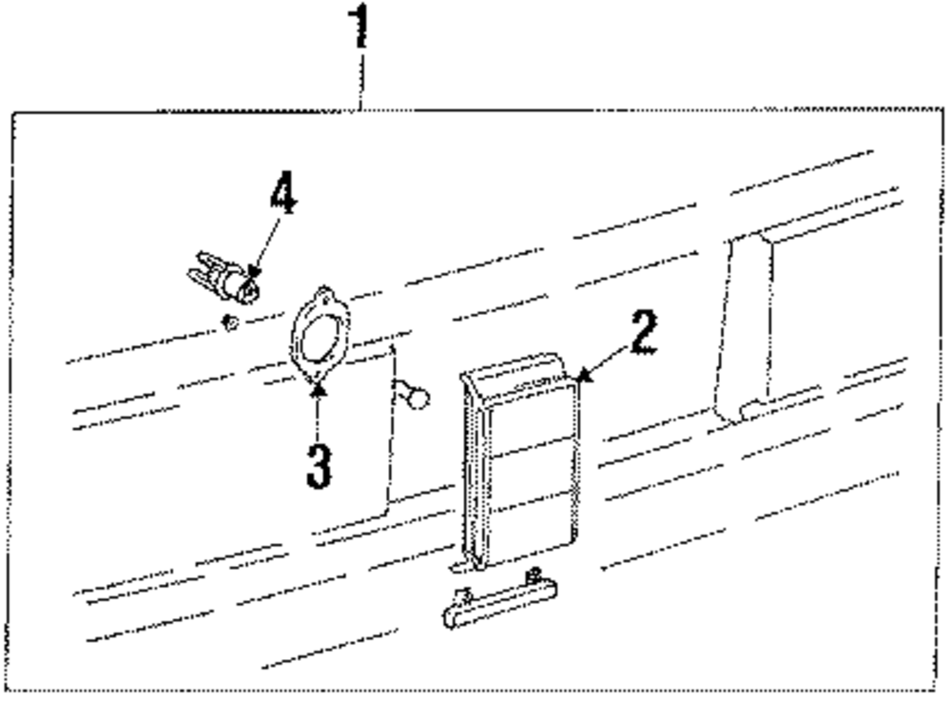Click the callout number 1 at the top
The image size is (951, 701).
(360, 27)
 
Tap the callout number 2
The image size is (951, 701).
(642, 333)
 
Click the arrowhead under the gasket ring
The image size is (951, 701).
(317, 387)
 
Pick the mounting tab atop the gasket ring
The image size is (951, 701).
(326, 292)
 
